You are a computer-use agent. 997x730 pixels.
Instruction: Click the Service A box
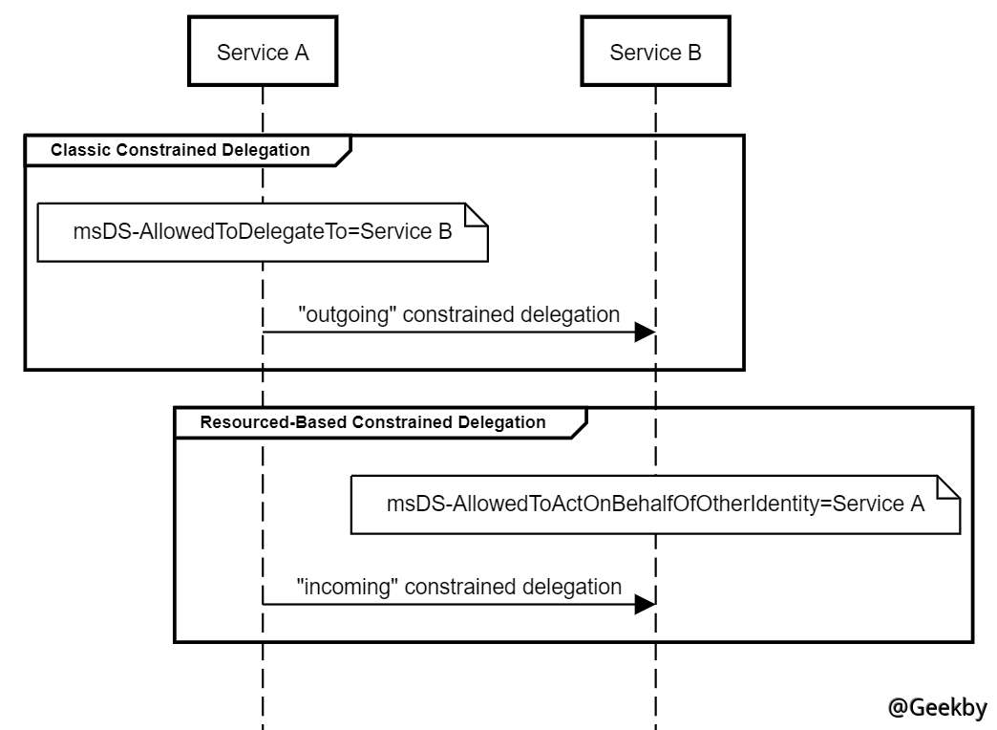[x=263, y=53]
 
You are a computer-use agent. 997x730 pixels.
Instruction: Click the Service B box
[x=655, y=53]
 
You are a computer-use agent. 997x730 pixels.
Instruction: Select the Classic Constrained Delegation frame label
[x=180, y=150]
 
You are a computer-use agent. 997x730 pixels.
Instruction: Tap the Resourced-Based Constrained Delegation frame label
[x=372, y=422]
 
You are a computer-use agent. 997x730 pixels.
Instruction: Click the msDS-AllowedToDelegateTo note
[x=263, y=231]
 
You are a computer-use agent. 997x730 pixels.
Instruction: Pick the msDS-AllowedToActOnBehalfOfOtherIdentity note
[x=655, y=504]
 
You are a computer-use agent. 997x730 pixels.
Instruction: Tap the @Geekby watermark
[x=937, y=707]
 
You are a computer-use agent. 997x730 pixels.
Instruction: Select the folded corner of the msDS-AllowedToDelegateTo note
[x=477, y=213]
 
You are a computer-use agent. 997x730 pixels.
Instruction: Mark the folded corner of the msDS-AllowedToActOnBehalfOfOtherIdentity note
[x=949, y=485]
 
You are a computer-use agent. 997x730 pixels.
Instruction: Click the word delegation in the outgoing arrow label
[x=572, y=314]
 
